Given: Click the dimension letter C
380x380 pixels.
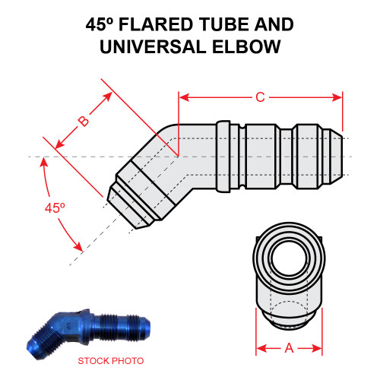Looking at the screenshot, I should pos(259,97).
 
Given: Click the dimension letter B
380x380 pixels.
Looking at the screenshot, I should pos(84,121).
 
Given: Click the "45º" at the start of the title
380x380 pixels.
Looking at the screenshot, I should pos(103,25).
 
